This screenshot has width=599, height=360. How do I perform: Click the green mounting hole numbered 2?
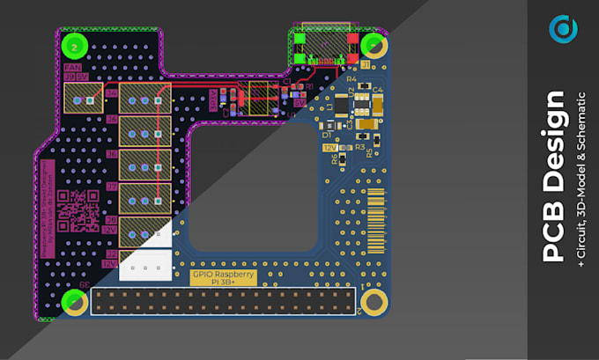(76, 45)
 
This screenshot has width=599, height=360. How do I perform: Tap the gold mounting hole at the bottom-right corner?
(374, 303)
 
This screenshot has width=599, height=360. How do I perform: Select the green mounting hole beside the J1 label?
(374, 45)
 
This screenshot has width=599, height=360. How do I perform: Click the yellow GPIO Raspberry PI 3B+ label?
(224, 277)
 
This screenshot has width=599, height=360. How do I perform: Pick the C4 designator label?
(377, 90)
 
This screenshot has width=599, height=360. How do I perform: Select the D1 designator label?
(326, 136)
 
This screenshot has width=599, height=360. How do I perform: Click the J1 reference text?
(365, 65)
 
